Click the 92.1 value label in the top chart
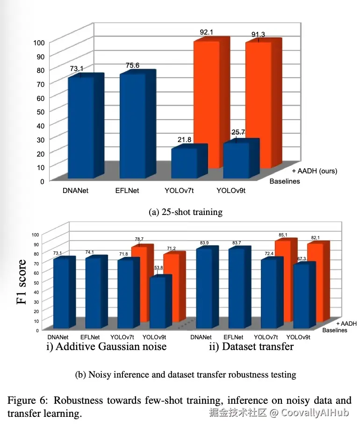click(207, 32)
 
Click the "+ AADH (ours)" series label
click(314, 171)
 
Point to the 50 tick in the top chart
click(41, 112)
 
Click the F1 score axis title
click(22, 282)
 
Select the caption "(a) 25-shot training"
click(186, 212)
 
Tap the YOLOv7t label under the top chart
click(179, 190)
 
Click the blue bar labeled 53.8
click(160, 301)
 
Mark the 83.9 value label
click(204, 243)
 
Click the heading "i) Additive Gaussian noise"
click(107, 346)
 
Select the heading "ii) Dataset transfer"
click(252, 346)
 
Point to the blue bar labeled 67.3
click(304, 295)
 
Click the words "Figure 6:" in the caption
click(28, 400)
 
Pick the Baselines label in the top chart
click(285, 181)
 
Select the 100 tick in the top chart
click(39, 43)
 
